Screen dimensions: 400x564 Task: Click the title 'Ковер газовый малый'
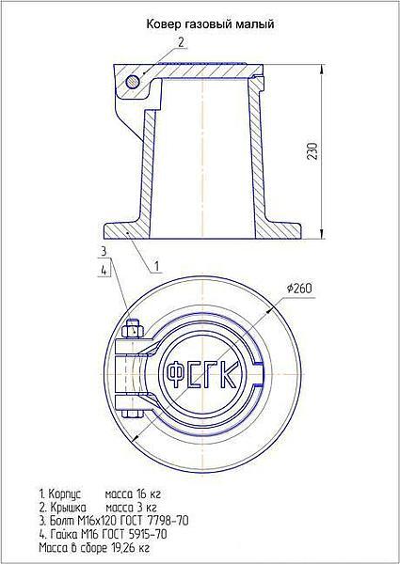pyautogui.click(x=210, y=24)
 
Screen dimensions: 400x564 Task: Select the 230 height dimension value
pyautogui.click(x=312, y=151)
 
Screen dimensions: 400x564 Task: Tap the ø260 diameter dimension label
pyautogui.click(x=298, y=289)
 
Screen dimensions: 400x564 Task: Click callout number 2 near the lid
pyautogui.click(x=181, y=42)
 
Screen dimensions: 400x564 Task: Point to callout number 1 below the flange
pyautogui.click(x=156, y=267)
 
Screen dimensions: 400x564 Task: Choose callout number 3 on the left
pyautogui.click(x=104, y=251)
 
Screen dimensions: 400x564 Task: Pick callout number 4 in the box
pyautogui.click(x=104, y=272)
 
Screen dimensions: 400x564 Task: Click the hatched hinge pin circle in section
pyautogui.click(x=133, y=82)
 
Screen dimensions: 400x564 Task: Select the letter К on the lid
pyautogui.click(x=229, y=374)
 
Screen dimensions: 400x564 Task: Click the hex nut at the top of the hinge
pyautogui.click(x=133, y=330)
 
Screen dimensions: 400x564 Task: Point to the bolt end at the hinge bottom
pyautogui.click(x=133, y=414)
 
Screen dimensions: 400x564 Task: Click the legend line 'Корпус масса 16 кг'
pyautogui.click(x=100, y=493)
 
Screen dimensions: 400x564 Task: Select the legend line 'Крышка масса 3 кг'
pyautogui.click(x=98, y=508)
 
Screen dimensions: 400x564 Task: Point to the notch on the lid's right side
pyautogui.click(x=260, y=374)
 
